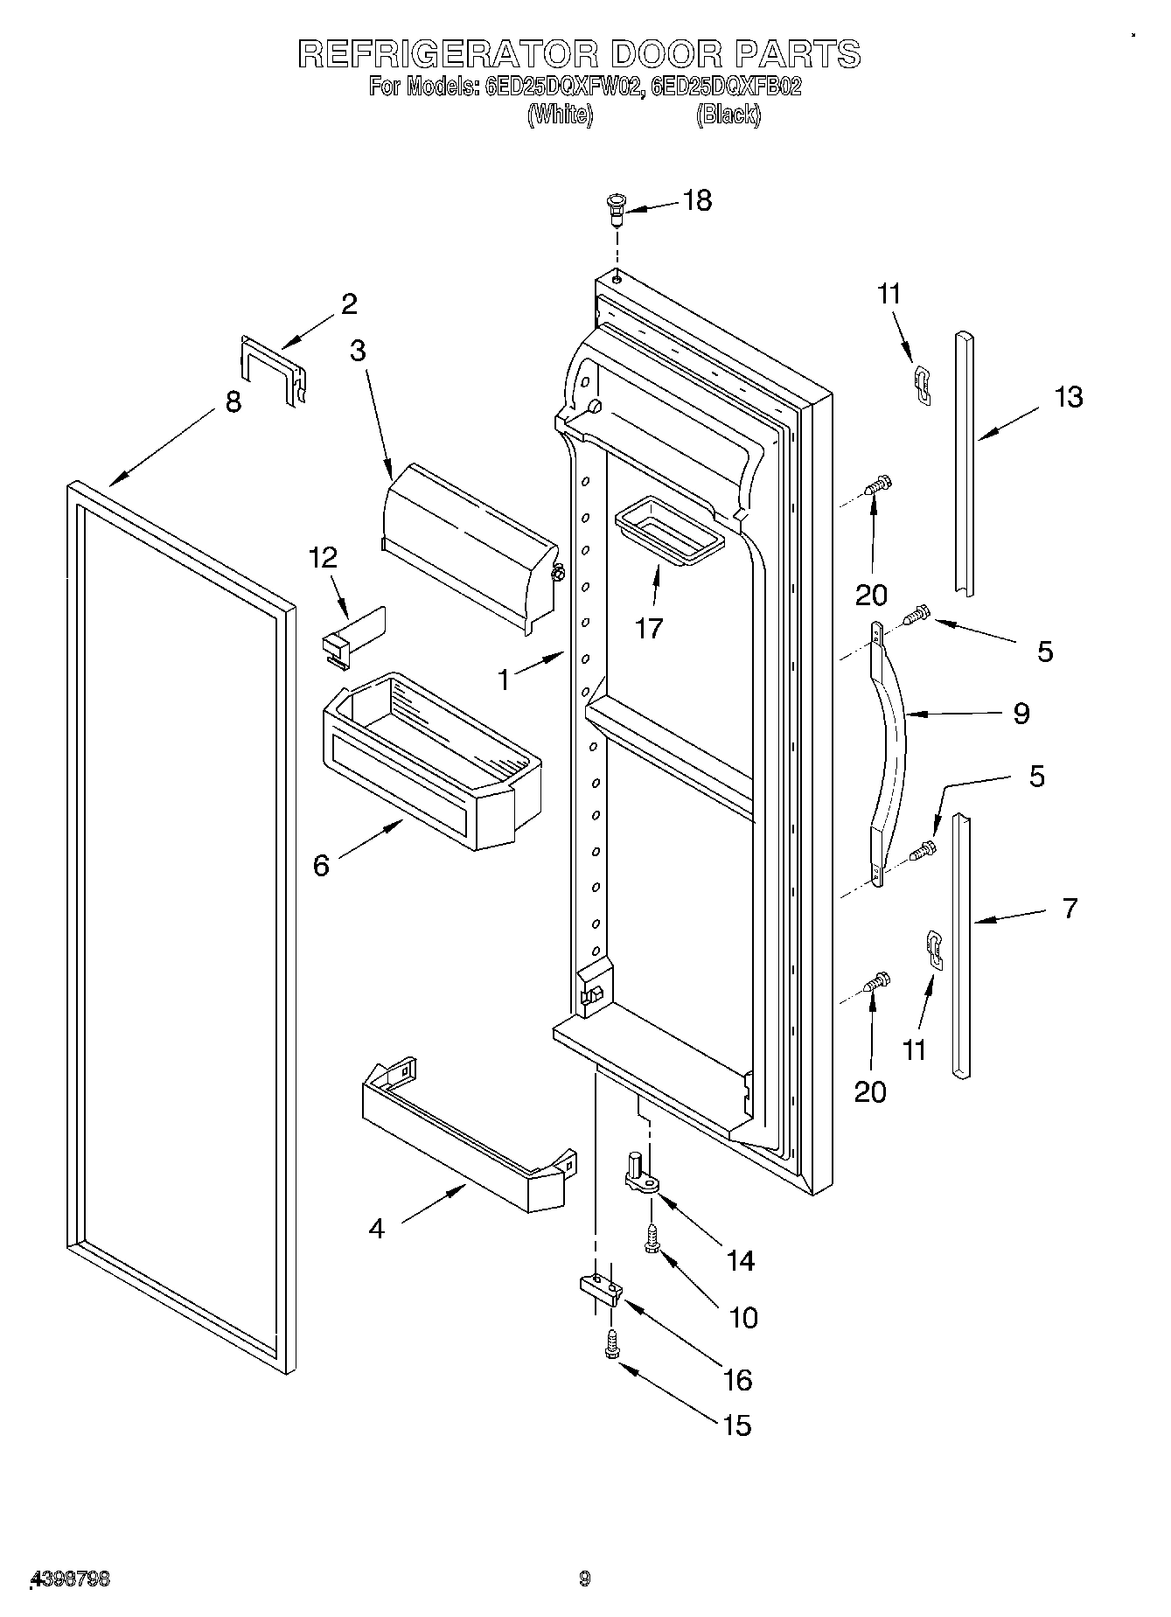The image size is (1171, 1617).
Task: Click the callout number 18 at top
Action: pos(697,200)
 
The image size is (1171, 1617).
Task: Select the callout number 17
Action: pos(649,628)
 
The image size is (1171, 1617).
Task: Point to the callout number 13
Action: pos(1068,397)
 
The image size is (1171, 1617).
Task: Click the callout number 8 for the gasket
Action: pos(233,402)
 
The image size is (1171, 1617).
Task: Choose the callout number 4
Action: pos(376,1228)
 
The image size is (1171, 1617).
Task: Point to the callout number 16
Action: pos(738,1380)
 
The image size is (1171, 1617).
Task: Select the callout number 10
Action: pos(743,1318)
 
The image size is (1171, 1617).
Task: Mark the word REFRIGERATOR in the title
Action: pos(447,54)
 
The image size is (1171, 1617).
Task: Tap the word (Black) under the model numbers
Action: pos(728,115)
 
